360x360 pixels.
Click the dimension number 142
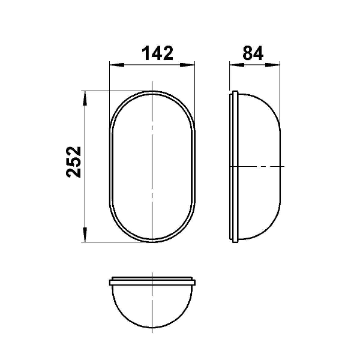pyautogui.click(x=157, y=53)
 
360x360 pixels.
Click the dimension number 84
pyautogui.click(x=253, y=53)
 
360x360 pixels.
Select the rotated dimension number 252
pyautogui.click(x=74, y=162)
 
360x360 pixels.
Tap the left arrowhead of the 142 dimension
pyautogui.click(x=117, y=65)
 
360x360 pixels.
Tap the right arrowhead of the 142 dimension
pyautogui.click(x=187, y=65)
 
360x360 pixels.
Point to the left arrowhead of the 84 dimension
pyautogui.click(x=237, y=65)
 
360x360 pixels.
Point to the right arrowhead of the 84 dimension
pyautogui.click(x=272, y=65)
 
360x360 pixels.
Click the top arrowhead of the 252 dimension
pyautogui.click(x=85, y=98)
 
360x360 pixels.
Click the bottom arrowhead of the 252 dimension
pyautogui.click(x=85, y=235)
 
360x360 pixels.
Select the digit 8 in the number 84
pyautogui.click(x=247, y=53)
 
